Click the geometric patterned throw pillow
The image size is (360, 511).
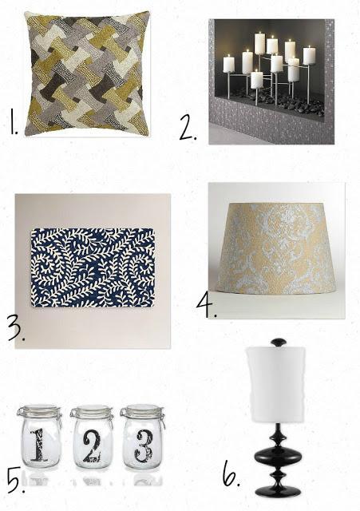87,73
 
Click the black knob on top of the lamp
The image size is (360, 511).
279,343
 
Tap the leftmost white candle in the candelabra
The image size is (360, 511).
229,64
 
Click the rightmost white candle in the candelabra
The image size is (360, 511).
309,55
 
